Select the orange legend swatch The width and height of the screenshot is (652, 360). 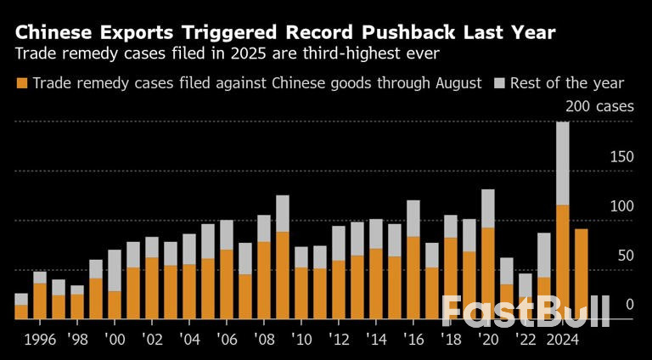22,83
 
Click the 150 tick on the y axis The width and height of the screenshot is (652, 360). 621,157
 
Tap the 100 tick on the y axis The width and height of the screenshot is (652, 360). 621,206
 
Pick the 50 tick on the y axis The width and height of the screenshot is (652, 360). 625,256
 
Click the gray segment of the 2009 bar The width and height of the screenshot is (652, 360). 283,213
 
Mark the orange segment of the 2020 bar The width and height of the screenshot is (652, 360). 487,273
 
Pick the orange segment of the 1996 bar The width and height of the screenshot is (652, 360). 40,301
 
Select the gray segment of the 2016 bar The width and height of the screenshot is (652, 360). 413,218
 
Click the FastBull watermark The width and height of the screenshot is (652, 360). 526,312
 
